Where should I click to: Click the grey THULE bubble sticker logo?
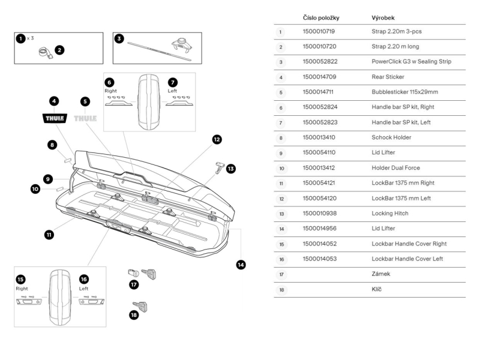pos(85,118)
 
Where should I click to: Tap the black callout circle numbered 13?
pos(231,169)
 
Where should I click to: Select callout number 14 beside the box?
pos(241,264)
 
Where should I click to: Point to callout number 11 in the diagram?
pos(49,234)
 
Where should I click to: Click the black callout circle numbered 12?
pos(217,139)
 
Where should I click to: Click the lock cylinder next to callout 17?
pos(133,274)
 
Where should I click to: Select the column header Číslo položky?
pos(322,18)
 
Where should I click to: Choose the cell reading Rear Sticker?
pos(388,77)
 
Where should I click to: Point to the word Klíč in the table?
pos(377,289)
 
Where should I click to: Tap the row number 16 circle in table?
pos(281,259)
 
